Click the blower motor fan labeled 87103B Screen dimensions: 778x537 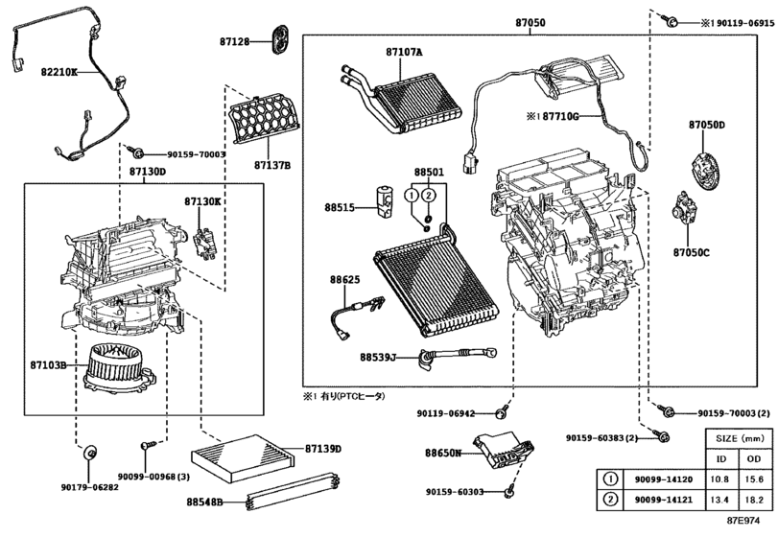120,367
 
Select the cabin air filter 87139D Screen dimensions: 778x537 243,458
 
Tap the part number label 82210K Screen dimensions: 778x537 59,72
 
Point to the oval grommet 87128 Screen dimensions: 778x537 281,39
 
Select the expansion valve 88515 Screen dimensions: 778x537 385,201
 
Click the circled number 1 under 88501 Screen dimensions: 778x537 412,196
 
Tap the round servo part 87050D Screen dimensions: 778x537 705,171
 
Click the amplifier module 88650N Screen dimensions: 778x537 502,450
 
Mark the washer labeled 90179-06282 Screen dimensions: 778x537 89,453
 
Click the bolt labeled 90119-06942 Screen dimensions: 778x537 503,411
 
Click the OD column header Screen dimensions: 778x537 754,459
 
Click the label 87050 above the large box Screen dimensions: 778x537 530,22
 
